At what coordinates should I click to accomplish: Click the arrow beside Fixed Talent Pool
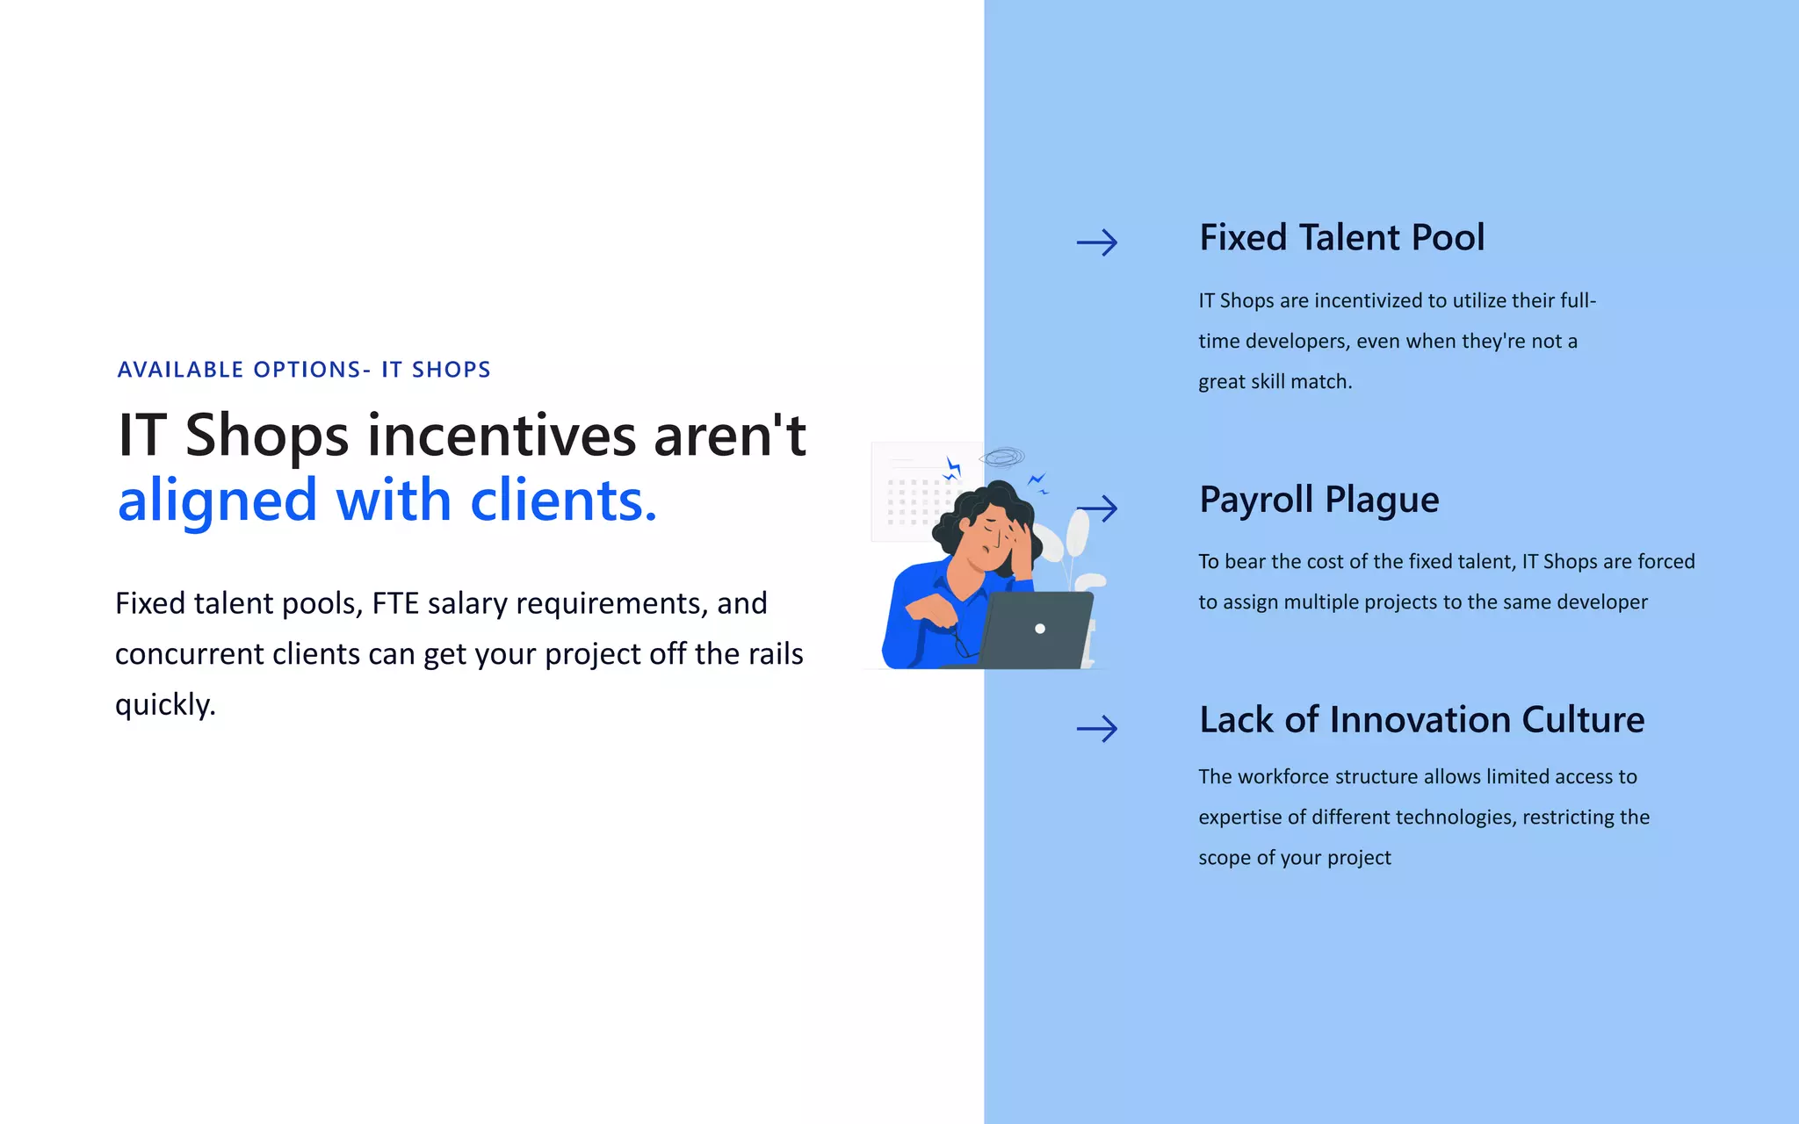(x=1097, y=242)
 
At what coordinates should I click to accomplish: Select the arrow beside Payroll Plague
(x=1098, y=508)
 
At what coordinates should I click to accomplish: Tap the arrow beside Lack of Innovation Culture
(x=1097, y=728)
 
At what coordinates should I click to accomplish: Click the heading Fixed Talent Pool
(x=1341, y=238)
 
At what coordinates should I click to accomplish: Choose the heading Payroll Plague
(x=1319, y=500)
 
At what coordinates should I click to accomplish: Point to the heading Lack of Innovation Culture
(x=1421, y=720)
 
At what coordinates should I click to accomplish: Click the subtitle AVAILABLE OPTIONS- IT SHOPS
(x=304, y=370)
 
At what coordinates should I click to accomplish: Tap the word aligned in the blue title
(x=217, y=501)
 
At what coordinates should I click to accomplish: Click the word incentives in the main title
(x=502, y=436)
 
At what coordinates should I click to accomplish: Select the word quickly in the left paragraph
(x=165, y=704)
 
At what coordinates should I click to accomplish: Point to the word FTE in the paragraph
(x=395, y=603)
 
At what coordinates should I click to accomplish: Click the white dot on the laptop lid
(x=1040, y=629)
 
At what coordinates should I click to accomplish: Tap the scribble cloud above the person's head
(x=1002, y=458)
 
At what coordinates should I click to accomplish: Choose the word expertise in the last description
(x=1239, y=818)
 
